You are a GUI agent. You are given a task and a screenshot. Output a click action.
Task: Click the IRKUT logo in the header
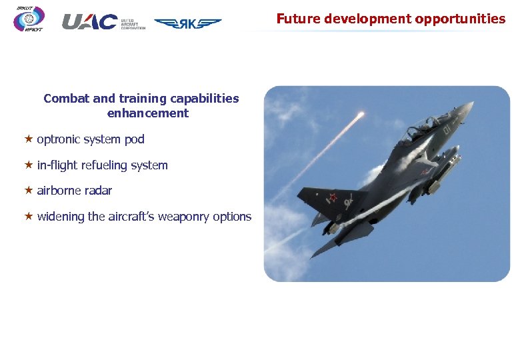29,19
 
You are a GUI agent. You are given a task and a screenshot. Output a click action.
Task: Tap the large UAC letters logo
89,22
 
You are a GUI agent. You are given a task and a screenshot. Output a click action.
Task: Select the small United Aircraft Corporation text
133,25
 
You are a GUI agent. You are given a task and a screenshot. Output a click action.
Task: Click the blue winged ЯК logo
187,23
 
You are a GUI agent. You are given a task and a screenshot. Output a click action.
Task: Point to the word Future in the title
295,19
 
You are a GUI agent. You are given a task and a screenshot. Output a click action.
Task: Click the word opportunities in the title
460,19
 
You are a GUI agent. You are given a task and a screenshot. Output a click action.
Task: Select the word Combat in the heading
67,99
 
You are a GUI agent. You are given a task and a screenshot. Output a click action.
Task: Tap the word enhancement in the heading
147,113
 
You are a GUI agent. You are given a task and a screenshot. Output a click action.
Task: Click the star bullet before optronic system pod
29,139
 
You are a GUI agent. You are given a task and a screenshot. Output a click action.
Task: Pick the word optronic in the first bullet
59,139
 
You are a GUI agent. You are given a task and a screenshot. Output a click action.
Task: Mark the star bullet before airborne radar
29,190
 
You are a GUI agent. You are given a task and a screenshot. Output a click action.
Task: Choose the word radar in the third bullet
99,191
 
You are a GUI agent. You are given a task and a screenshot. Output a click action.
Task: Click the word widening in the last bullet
61,217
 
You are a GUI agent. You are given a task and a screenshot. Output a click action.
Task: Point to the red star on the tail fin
331,197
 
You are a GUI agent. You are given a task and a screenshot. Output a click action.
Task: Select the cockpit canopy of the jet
427,122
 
